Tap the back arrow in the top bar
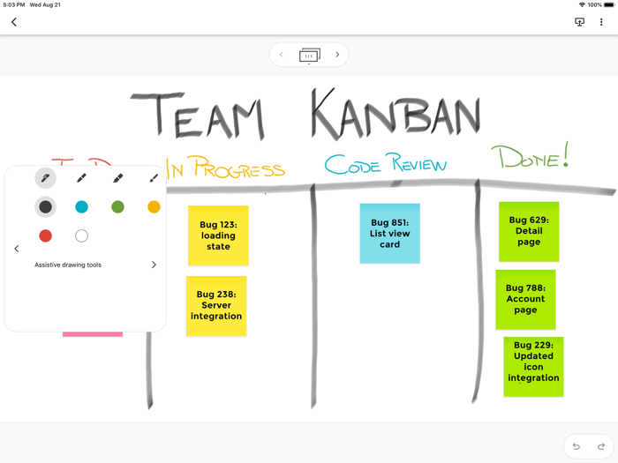click(x=14, y=22)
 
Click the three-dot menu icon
click(x=601, y=22)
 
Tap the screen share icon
click(x=579, y=22)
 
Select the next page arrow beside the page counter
click(x=337, y=55)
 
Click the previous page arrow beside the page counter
click(x=282, y=55)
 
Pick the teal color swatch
click(x=81, y=206)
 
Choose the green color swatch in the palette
click(x=117, y=206)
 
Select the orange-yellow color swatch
click(x=154, y=206)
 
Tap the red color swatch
click(x=45, y=235)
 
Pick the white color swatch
click(x=81, y=235)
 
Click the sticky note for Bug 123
click(x=218, y=235)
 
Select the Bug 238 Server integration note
click(x=216, y=305)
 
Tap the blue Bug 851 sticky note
click(x=389, y=233)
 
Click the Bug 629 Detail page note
click(x=529, y=231)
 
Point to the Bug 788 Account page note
click(x=525, y=299)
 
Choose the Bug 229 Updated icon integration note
click(x=533, y=366)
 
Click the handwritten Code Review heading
click(x=385, y=164)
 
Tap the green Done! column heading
click(x=530, y=158)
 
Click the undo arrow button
click(x=577, y=446)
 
